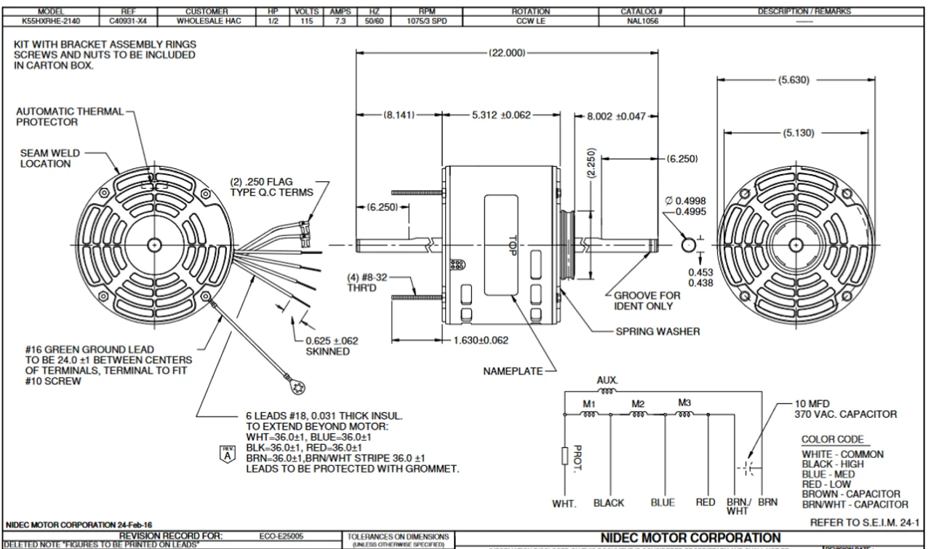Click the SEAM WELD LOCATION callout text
[45, 159]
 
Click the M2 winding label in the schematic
[638, 403]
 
